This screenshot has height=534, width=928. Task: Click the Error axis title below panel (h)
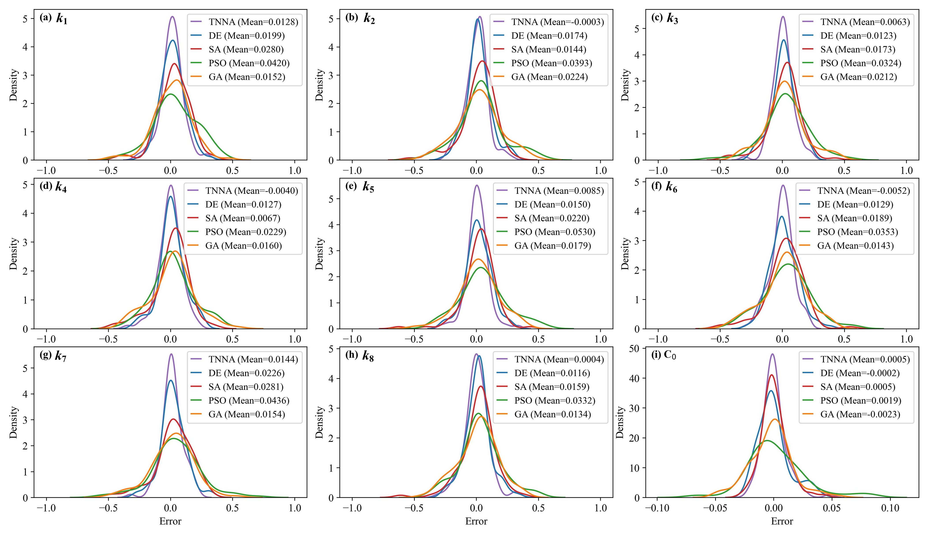pos(476,521)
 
